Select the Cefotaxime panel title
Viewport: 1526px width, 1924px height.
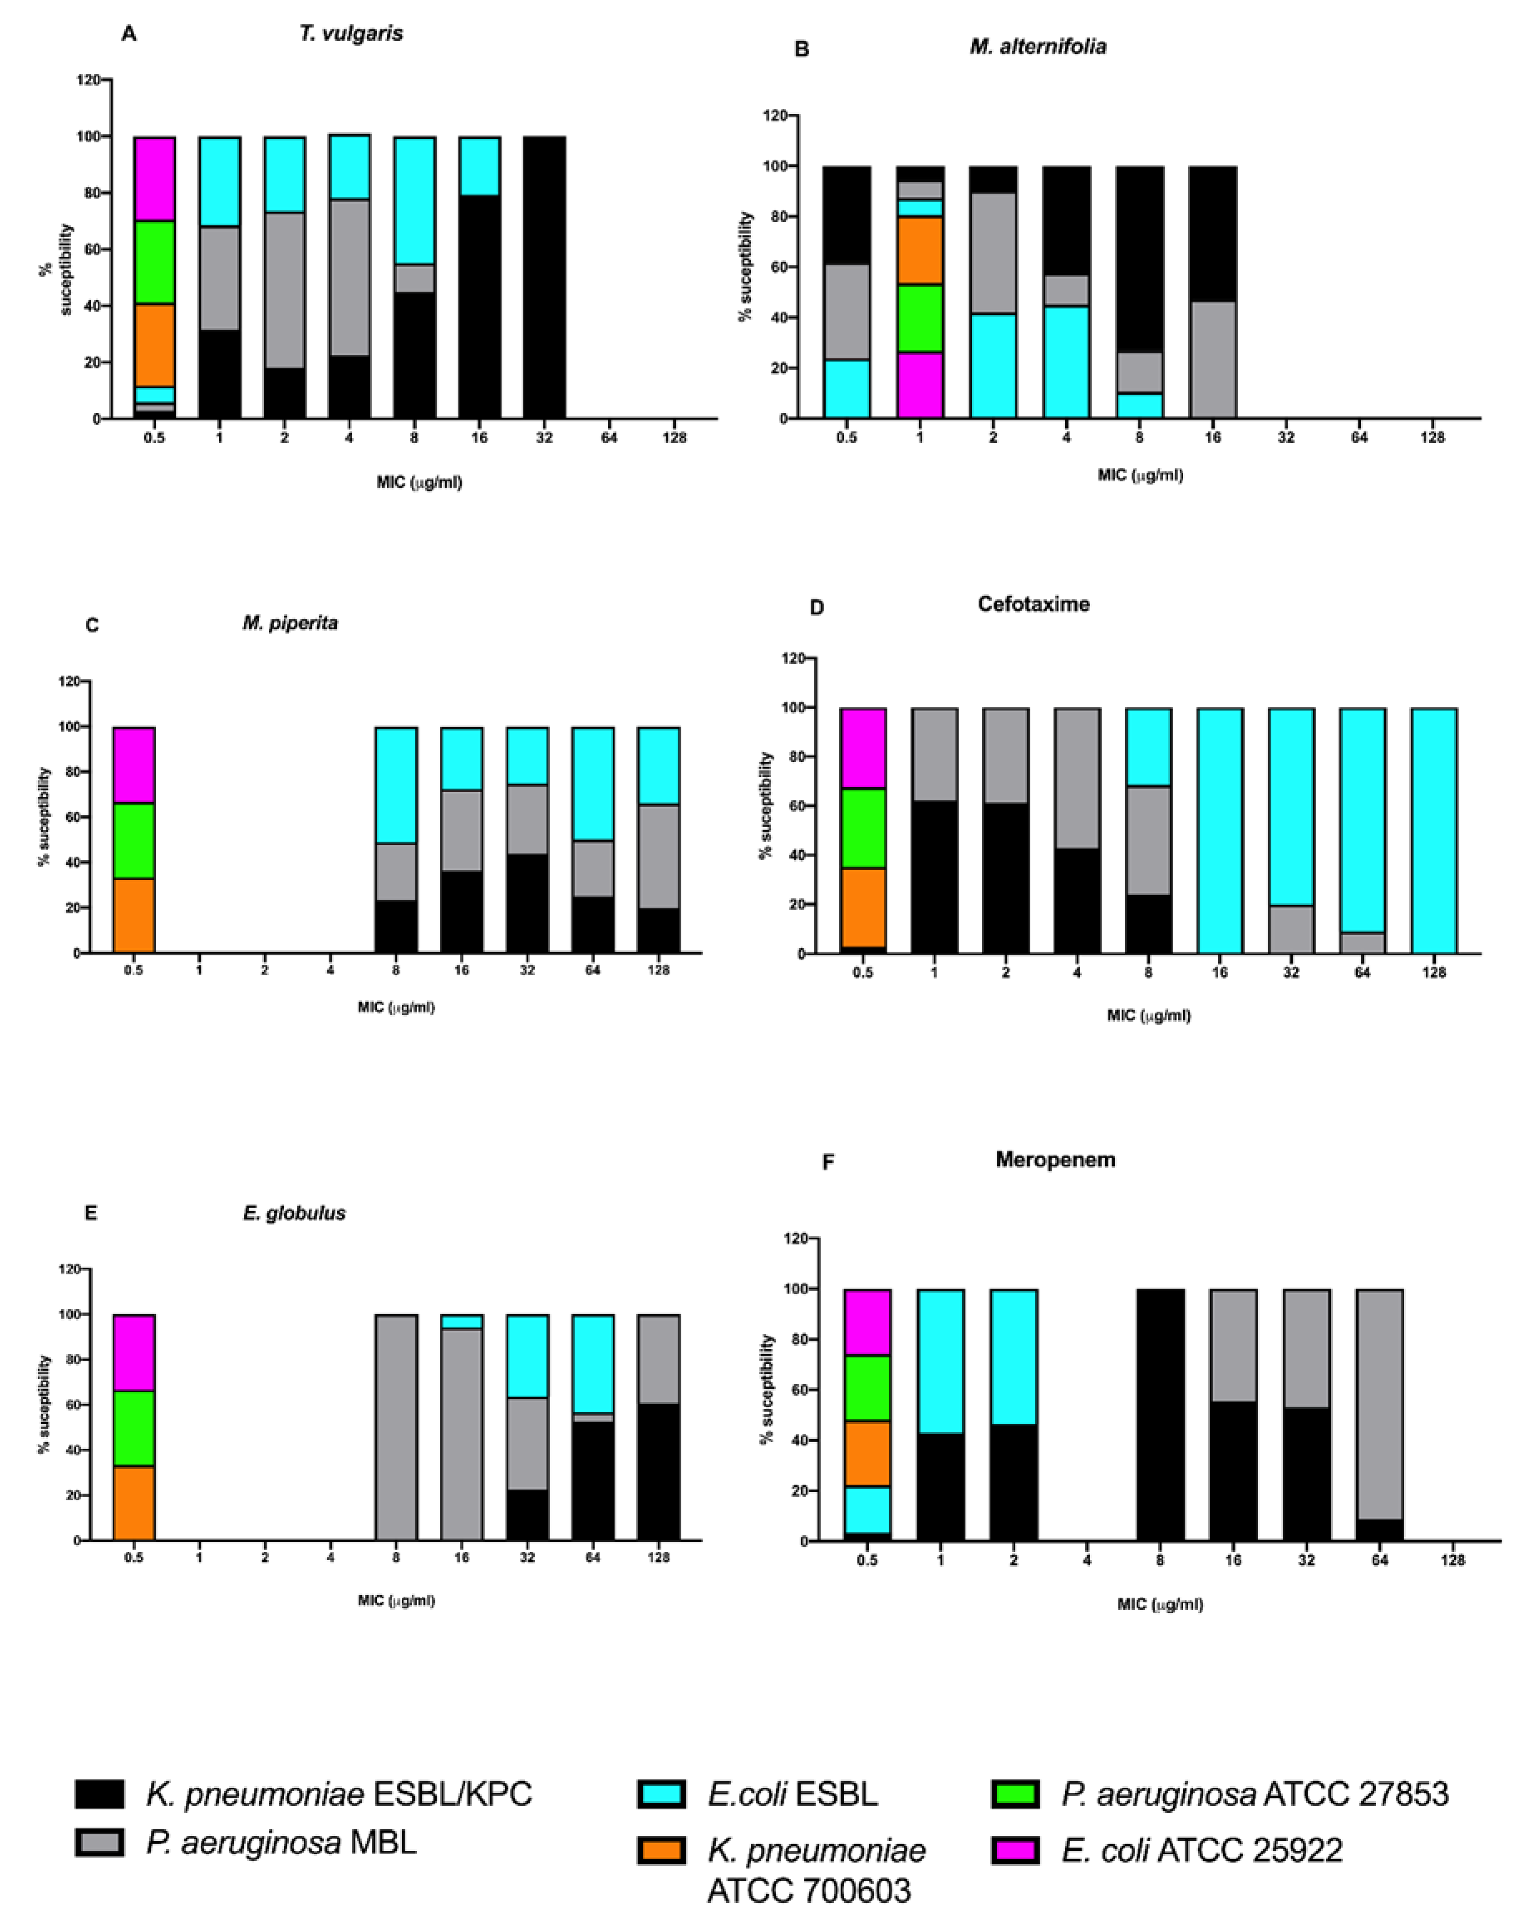1033,604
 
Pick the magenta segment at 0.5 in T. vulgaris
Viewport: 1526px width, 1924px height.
155,179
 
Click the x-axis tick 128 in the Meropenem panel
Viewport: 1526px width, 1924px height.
1453,1561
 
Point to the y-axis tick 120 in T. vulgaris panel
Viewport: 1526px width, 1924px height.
88,80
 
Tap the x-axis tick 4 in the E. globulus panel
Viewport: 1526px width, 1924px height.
330,1557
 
